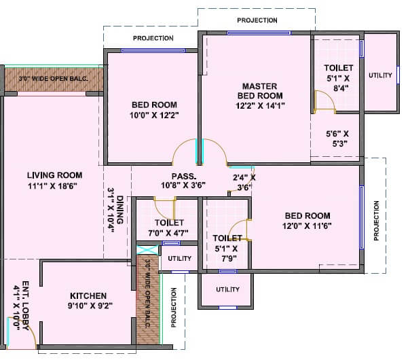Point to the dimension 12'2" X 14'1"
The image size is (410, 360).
tap(260, 105)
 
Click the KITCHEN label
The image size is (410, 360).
tap(88, 295)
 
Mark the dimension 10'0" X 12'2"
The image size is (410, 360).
tap(154, 116)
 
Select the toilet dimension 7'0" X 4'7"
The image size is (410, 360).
tap(164, 233)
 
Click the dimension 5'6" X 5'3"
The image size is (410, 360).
tap(337, 139)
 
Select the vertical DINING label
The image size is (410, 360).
tap(120, 211)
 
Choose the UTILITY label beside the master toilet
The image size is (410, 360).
tap(380, 75)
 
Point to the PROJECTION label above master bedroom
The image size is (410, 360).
tap(257, 20)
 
